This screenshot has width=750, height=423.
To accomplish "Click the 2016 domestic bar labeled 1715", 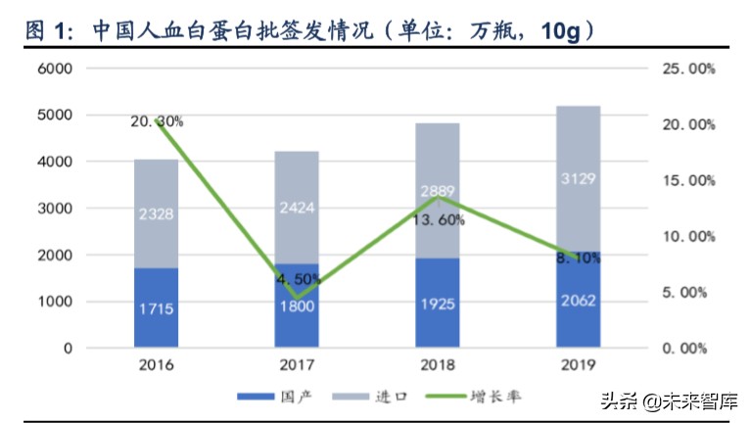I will (x=157, y=307).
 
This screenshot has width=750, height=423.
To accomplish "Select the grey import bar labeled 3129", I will (x=578, y=179).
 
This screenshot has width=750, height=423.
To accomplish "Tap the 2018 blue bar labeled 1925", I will (x=438, y=303).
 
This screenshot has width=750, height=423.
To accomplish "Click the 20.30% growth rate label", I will (x=157, y=121).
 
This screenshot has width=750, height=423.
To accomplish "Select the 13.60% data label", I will (x=438, y=219).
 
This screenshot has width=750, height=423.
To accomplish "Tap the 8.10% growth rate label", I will (x=578, y=259).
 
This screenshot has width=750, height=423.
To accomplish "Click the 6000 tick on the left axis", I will (x=55, y=70).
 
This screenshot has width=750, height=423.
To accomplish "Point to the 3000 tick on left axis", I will (x=55, y=209).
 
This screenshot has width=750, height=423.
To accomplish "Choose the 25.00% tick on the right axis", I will (x=689, y=70).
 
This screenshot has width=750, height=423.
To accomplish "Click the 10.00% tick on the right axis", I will (x=689, y=237).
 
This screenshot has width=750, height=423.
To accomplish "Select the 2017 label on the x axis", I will (x=297, y=365).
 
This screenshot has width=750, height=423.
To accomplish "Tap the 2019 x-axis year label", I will (x=578, y=365).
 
